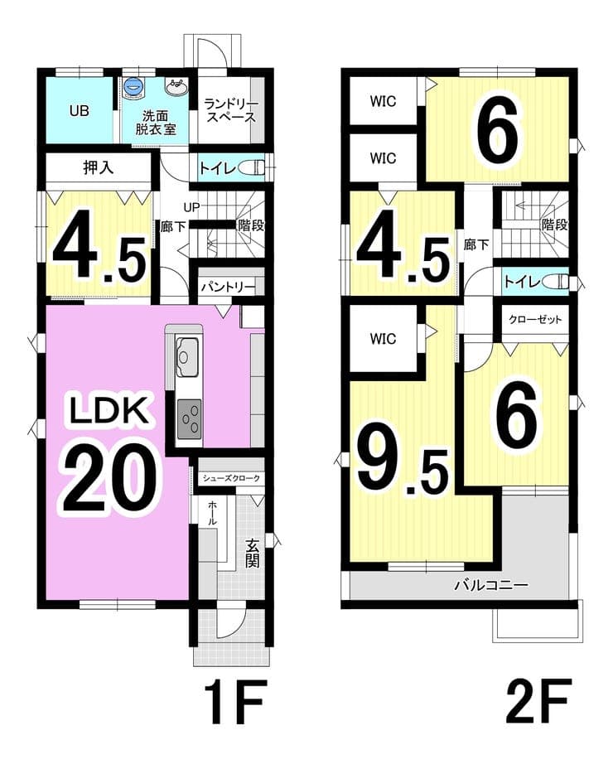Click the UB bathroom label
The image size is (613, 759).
(x=80, y=111)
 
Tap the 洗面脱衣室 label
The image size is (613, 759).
(x=155, y=123)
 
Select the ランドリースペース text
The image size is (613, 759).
(x=230, y=110)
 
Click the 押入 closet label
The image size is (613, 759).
(x=99, y=167)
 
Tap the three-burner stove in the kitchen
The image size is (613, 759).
(x=189, y=418)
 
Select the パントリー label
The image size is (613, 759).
(x=228, y=287)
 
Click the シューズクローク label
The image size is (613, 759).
(x=231, y=478)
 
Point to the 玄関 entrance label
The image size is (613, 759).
(x=252, y=553)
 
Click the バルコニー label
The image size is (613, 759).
(x=491, y=585)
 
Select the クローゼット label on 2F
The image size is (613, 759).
(x=535, y=320)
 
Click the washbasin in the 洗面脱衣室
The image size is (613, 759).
(x=177, y=89)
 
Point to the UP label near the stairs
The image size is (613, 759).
(x=191, y=207)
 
